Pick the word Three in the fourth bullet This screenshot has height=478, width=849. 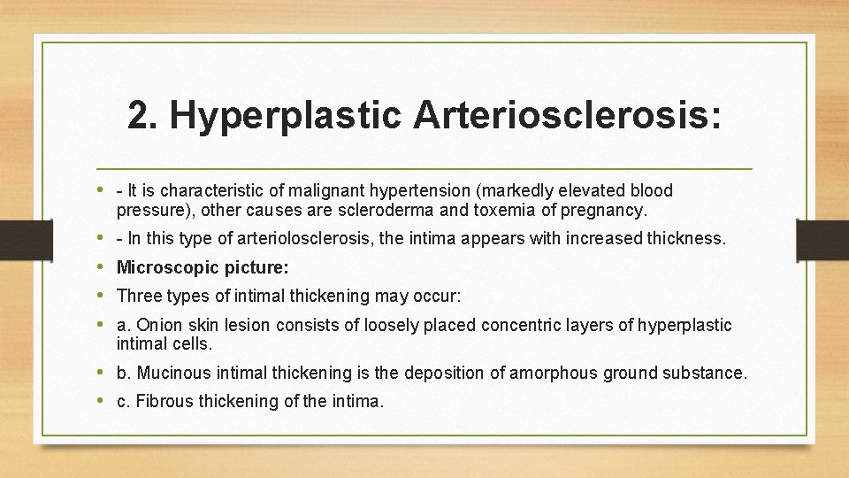138,296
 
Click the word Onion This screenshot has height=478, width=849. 159,325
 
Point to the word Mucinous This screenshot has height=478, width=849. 173,373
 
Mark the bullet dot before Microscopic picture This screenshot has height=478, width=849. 105,267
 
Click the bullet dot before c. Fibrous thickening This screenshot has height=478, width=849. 105,401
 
